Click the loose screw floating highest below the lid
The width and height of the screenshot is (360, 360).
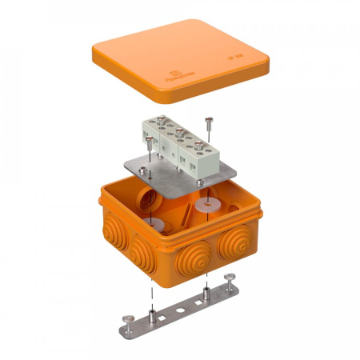[x=209, y=121]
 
